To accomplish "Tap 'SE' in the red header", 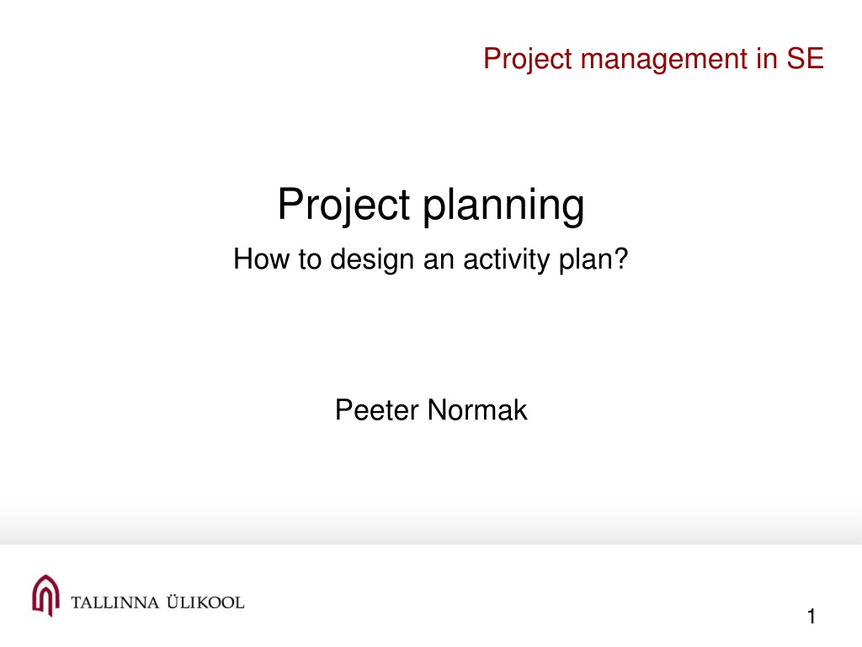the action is [805, 58].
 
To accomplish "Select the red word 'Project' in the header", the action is [528, 60].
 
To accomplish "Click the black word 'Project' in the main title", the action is [343, 205].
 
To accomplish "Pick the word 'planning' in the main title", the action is [503, 206].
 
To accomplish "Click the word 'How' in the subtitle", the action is [261, 259].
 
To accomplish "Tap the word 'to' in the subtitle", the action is [310, 259].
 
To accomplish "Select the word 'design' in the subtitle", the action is [371, 259].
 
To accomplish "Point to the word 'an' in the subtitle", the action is [438, 261].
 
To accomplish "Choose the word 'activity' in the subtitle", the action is [506, 259].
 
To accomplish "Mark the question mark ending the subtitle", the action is [620, 259].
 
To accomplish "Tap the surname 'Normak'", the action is [477, 410].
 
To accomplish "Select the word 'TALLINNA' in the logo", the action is [114, 602].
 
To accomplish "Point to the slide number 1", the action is [811, 616].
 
